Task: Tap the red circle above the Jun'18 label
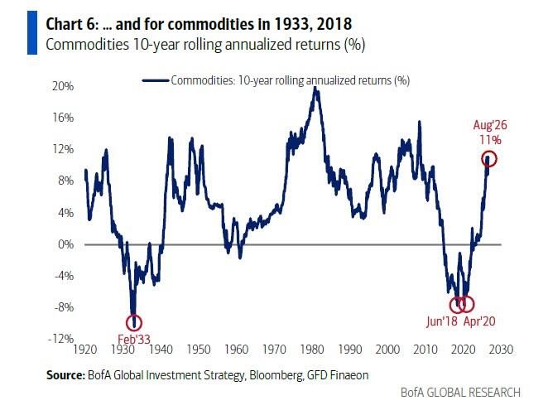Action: pos(450,305)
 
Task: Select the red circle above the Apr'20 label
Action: pos(473,304)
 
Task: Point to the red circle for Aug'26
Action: pos(482,158)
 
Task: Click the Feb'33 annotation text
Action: pos(134,339)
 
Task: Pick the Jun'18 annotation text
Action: pos(442,321)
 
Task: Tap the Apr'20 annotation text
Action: pos(479,321)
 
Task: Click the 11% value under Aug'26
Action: pos(490,140)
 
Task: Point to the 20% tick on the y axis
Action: pos(63,86)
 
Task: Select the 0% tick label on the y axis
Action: pos(65,244)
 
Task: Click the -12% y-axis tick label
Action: pos(60,339)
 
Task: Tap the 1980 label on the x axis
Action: pos(312,350)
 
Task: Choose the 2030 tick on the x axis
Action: pos(501,350)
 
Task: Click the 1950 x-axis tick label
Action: pos(199,350)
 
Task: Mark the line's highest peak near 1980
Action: pos(315,88)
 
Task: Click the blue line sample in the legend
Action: pos(155,80)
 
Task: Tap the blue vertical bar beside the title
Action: pos(32,32)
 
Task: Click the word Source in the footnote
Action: pos(65,375)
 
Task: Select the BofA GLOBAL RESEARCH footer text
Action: pos(460,392)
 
